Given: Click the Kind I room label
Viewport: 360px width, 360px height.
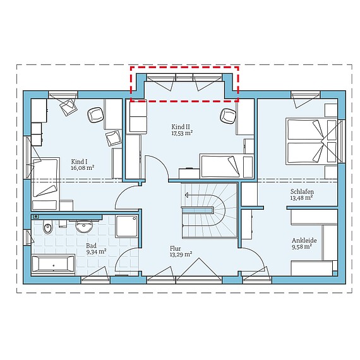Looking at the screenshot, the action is click(x=79, y=162).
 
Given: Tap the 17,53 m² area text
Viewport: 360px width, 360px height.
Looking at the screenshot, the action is click(x=182, y=133).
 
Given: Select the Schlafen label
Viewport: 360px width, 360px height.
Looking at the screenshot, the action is click(x=302, y=191).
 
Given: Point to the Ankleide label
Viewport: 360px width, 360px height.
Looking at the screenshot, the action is click(x=304, y=241).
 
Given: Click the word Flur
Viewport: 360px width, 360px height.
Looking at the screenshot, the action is click(x=176, y=248).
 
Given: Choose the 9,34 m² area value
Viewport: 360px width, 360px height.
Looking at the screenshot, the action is click(x=96, y=252).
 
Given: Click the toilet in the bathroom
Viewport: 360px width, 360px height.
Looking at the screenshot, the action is click(x=48, y=226).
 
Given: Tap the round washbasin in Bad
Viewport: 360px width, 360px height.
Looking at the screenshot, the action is click(x=84, y=225).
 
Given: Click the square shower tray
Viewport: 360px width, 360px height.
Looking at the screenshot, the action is click(x=127, y=226).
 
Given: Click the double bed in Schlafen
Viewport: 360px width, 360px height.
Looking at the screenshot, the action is click(x=311, y=141).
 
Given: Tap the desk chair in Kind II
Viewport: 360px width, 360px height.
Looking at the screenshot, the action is click(x=228, y=116).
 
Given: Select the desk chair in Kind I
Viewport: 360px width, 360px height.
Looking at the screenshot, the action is click(x=95, y=114).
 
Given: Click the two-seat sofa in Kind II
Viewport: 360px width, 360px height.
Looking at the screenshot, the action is click(x=138, y=117).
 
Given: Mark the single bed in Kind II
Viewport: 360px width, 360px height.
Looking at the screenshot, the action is click(x=226, y=166).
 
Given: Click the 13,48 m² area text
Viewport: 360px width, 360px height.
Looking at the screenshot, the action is click(x=301, y=198).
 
